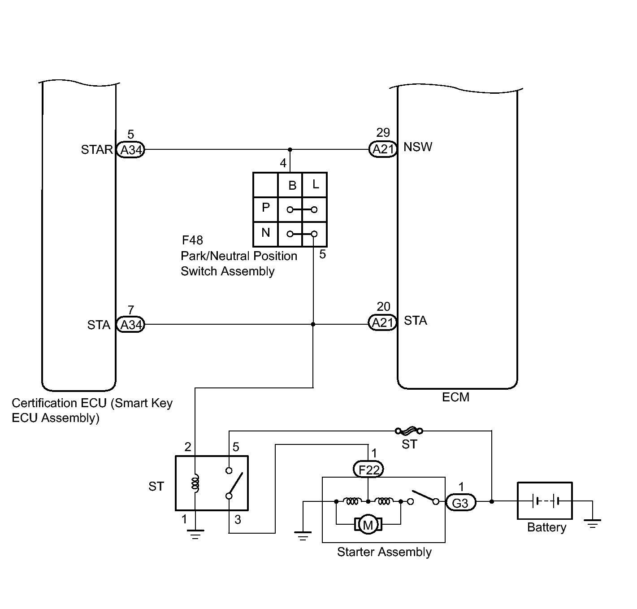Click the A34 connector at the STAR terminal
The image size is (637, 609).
click(130, 150)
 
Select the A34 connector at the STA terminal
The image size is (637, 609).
click(130, 325)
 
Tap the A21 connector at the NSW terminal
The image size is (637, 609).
click(383, 149)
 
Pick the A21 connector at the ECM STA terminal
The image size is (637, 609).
click(382, 322)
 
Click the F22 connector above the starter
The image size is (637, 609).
click(368, 470)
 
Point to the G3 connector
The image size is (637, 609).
click(460, 503)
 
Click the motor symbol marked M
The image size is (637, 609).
click(368, 525)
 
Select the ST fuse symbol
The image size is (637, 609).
click(409, 431)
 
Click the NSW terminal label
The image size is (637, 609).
click(418, 147)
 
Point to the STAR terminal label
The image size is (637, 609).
click(97, 150)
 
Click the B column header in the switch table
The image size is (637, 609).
click(292, 186)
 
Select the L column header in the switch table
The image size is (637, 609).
click(316, 184)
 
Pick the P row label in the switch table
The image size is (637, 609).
click(265, 207)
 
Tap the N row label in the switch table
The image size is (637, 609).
click(265, 232)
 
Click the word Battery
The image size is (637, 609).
click(546, 527)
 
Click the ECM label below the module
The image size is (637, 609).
click(455, 397)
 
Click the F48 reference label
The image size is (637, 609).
click(192, 240)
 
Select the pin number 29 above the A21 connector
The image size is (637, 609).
click(383, 133)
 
